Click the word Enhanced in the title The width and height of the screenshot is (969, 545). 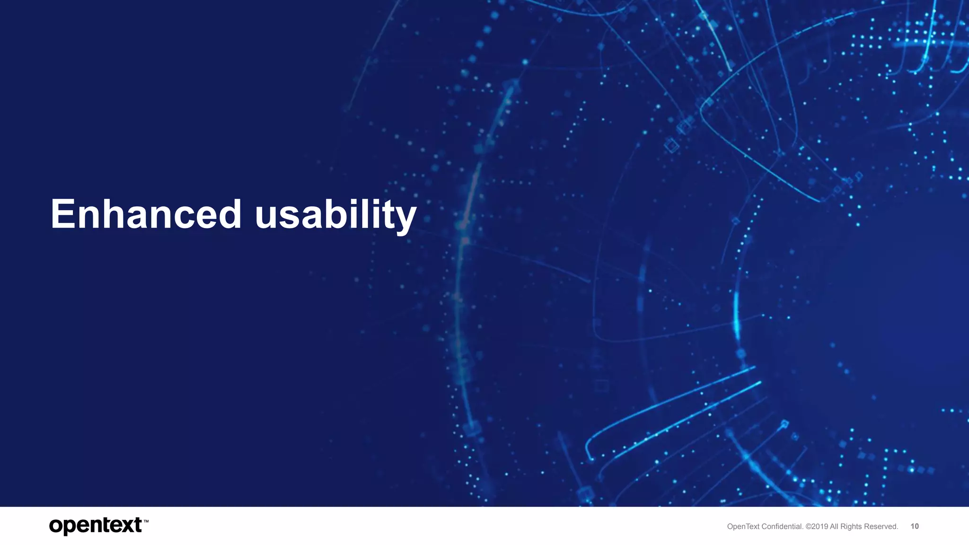[146, 214]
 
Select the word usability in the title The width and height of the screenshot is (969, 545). [335, 215]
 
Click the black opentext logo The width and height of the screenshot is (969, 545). [96, 526]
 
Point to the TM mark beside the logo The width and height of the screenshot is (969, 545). [146, 521]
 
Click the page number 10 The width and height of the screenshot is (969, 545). [915, 526]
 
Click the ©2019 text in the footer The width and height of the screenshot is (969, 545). [817, 527]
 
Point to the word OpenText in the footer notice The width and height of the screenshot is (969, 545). [743, 527]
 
